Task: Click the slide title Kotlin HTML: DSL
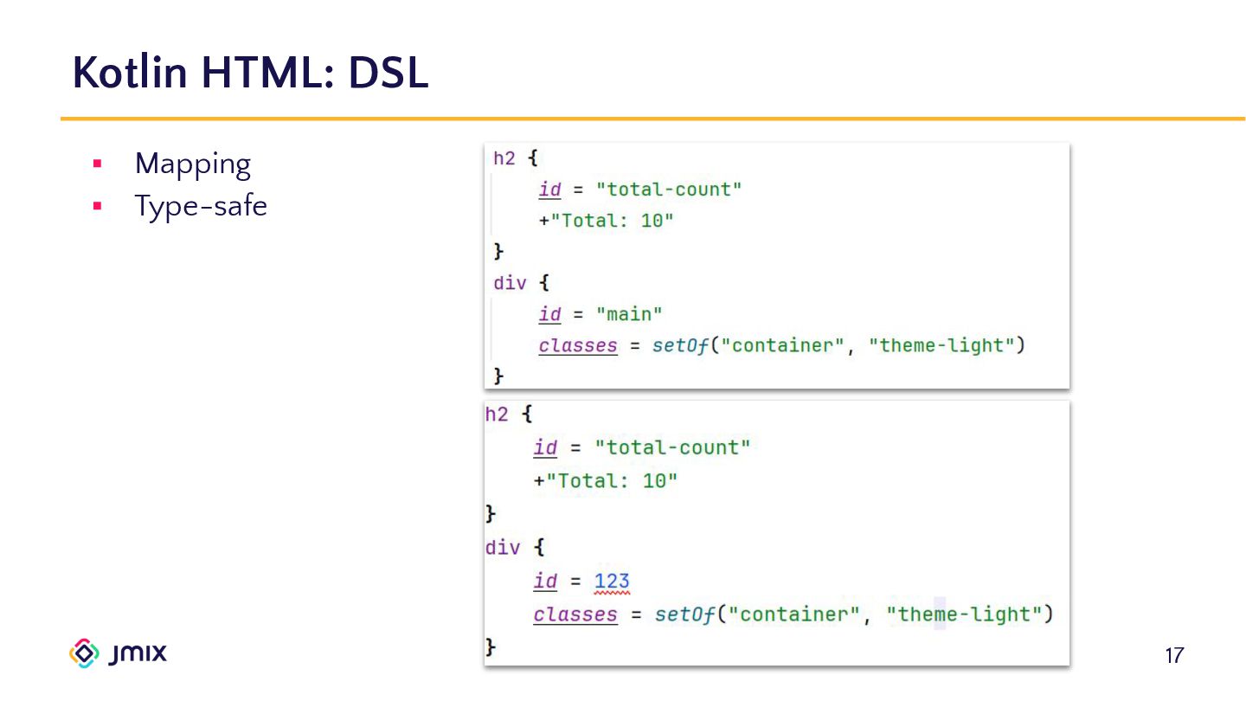click(250, 73)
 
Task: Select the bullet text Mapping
click(192, 164)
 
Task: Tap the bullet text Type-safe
click(201, 207)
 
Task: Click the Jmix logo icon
click(84, 653)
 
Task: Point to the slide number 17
click(1173, 655)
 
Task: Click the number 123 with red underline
click(612, 582)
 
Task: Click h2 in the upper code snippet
click(504, 159)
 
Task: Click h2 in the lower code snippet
click(497, 415)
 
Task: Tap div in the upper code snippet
click(510, 283)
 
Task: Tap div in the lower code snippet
click(503, 548)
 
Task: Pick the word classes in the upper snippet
click(578, 345)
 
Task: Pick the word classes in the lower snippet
click(575, 614)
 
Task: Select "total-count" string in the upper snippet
click(669, 190)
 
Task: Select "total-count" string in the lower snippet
click(672, 447)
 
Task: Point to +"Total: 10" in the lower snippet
click(606, 481)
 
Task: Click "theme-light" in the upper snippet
click(941, 345)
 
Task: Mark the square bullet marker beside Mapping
click(97, 164)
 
